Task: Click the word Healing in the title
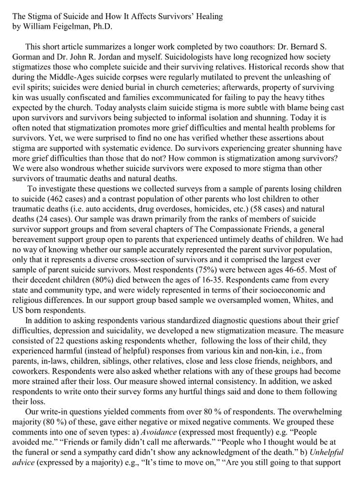click(208, 16)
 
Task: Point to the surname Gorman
click(27, 57)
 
